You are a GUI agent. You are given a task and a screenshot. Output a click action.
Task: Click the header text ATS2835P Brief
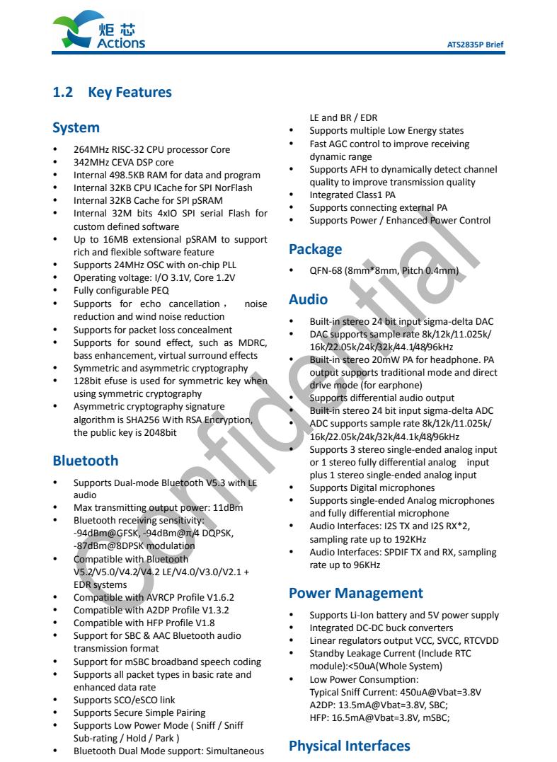(475, 44)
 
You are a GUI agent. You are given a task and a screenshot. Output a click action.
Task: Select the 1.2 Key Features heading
(113, 93)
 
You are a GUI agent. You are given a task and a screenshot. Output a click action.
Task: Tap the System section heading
(76, 128)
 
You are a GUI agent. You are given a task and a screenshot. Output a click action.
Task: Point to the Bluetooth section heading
(86, 461)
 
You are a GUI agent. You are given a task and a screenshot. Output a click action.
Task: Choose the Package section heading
(315, 249)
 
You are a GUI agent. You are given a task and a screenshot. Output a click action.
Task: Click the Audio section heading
(308, 299)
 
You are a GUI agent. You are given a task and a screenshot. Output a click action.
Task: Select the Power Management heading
(355, 593)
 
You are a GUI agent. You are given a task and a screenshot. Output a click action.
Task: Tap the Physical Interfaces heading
(349, 746)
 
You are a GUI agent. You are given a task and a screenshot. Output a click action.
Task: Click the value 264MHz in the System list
(90, 150)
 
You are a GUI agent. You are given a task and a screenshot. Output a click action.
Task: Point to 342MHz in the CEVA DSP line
(90, 163)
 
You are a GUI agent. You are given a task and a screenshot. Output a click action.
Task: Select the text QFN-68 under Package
(327, 271)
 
